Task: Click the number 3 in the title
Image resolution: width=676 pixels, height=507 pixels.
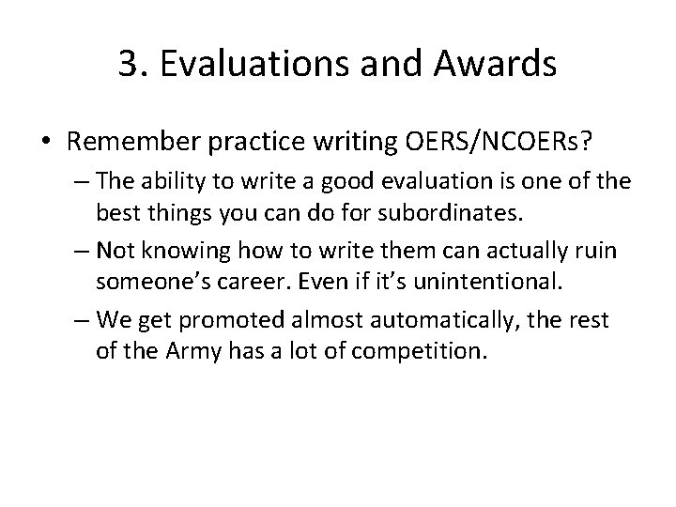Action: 130,64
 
